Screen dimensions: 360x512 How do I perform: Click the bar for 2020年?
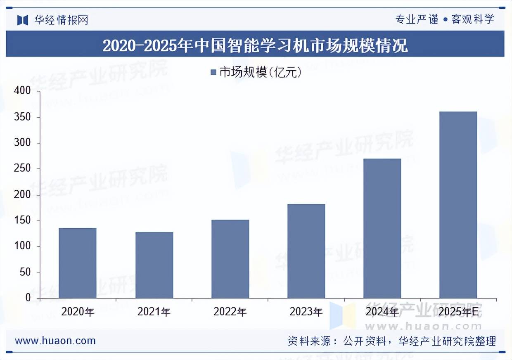click(x=78, y=263)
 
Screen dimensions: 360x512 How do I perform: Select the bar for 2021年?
click(x=154, y=265)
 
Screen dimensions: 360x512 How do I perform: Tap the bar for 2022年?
click(x=230, y=259)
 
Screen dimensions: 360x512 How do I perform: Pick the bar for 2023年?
click(x=306, y=251)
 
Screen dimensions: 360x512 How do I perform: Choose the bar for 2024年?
click(x=382, y=228)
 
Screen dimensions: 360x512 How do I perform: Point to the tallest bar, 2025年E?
click(x=458, y=205)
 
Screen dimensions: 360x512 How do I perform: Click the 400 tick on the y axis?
click(x=22, y=91)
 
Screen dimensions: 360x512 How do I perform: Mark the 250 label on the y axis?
click(x=22, y=169)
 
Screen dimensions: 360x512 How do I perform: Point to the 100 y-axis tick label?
click(x=22, y=246)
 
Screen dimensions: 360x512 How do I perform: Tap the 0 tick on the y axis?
click(x=28, y=298)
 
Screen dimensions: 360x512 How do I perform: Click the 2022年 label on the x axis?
click(x=230, y=312)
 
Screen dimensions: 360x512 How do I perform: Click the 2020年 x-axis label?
click(x=78, y=312)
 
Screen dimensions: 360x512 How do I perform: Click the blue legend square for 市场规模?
click(x=213, y=73)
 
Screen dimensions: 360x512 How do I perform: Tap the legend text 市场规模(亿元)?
click(x=260, y=73)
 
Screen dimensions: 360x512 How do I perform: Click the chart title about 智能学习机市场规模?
click(x=255, y=45)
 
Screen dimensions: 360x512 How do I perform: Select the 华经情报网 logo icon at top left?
click(x=23, y=20)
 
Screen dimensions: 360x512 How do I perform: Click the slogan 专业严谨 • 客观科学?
click(x=445, y=19)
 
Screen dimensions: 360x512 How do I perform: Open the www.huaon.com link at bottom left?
click(x=55, y=341)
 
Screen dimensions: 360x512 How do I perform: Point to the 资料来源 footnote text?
click(x=391, y=341)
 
